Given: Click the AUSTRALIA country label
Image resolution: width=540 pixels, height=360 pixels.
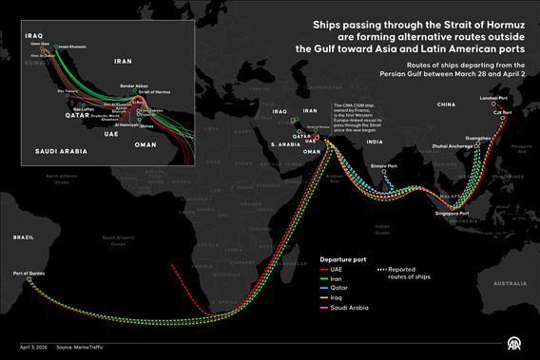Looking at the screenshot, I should tap(505, 283).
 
